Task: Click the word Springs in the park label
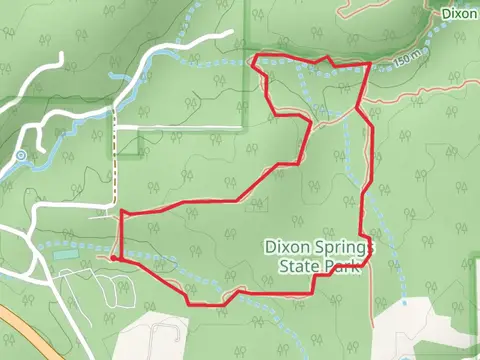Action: (x=340, y=246)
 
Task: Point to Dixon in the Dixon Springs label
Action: (x=285, y=246)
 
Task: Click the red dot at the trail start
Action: (x=115, y=258)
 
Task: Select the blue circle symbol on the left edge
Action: (x=20, y=156)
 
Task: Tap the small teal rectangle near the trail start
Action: (x=66, y=255)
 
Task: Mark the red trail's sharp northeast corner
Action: (x=371, y=65)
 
